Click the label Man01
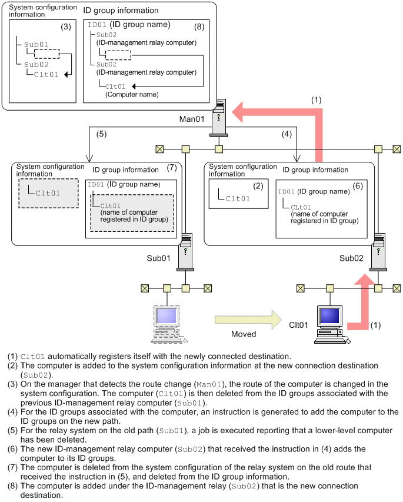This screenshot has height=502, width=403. (x=192, y=119)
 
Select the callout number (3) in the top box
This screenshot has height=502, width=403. (x=66, y=27)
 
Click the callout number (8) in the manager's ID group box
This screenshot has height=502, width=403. (x=199, y=27)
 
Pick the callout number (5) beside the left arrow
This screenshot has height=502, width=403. (x=102, y=134)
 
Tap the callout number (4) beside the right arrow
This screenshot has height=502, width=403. (x=287, y=134)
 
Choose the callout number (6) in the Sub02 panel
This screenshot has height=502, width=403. (x=358, y=185)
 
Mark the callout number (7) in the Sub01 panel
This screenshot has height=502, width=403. (x=172, y=168)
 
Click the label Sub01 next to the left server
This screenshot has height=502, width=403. (x=159, y=258)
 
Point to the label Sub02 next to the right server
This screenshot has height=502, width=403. (x=352, y=258)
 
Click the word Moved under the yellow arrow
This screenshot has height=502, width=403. (x=244, y=334)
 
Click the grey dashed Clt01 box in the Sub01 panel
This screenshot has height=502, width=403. (x=48, y=192)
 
